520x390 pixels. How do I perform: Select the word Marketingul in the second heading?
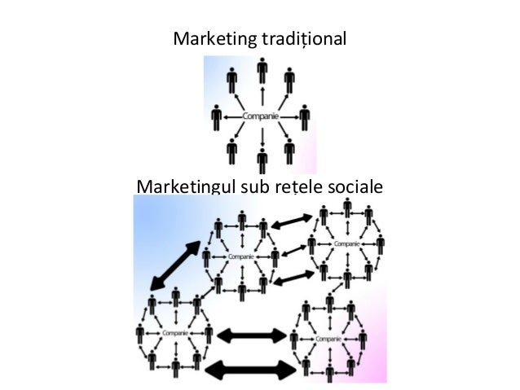point(185,186)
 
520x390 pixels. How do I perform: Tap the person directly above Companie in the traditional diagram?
point(262,71)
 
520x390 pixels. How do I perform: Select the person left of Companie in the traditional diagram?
point(216,117)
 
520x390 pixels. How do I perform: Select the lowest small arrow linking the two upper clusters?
point(292,279)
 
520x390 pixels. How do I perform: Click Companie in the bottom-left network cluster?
point(173,333)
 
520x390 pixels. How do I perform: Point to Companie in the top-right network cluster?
point(347,243)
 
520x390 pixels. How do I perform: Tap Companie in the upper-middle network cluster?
point(240,256)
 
